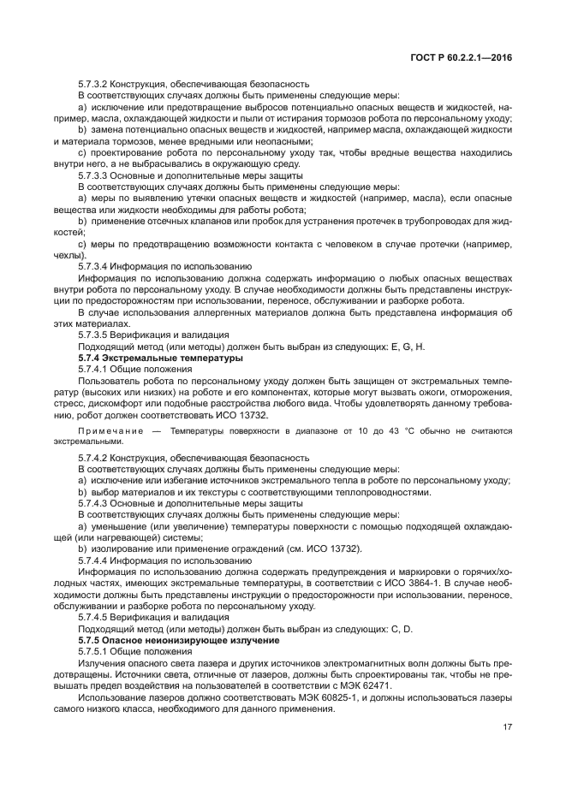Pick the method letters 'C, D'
(397, 629)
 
